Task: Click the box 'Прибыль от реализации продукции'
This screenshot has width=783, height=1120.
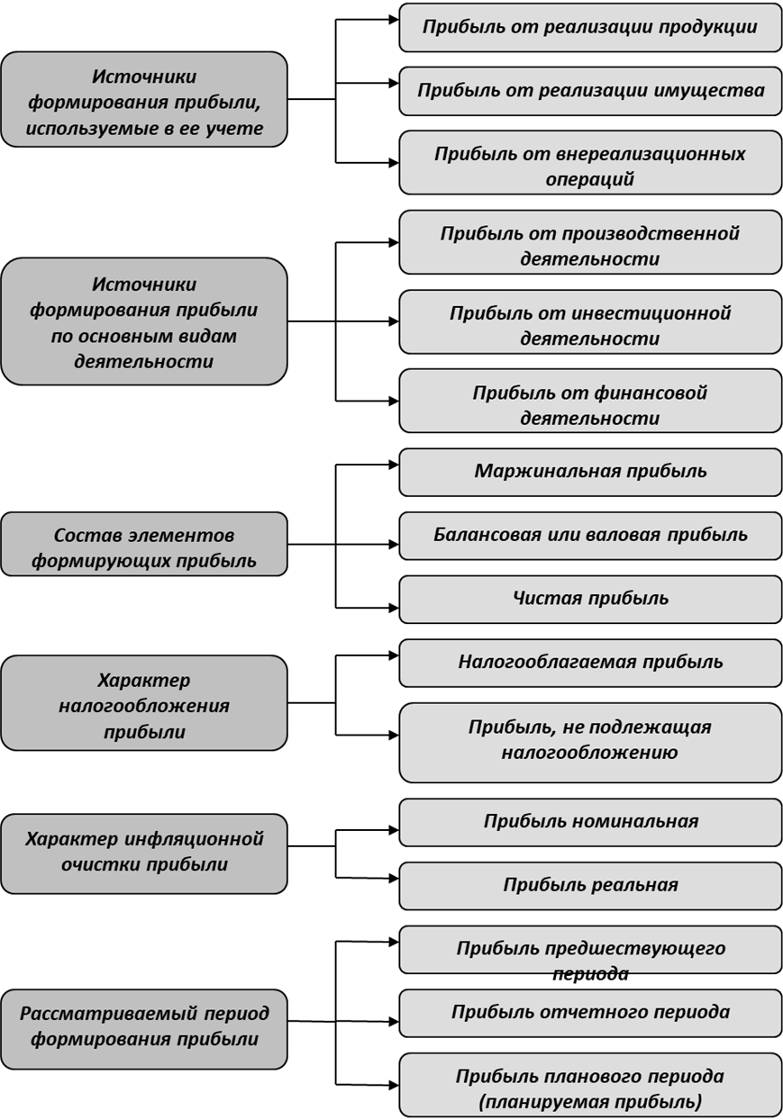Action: point(590,28)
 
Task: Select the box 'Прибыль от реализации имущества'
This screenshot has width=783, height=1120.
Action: point(590,91)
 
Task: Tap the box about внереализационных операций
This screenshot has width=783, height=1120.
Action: point(590,162)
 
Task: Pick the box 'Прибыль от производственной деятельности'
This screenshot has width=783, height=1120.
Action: point(590,242)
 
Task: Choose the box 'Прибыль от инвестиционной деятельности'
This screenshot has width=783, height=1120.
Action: point(590,321)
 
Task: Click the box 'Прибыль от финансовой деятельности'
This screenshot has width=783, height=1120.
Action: point(590,401)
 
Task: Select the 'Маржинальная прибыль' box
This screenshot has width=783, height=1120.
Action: point(590,472)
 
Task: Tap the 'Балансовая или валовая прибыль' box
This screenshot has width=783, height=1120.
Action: point(590,536)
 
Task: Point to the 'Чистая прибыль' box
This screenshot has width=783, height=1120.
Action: point(590,599)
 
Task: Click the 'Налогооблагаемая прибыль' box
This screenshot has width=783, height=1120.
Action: point(590,663)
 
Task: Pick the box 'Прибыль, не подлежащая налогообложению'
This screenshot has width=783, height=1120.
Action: point(590,743)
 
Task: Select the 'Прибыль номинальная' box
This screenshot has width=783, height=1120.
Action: point(590,822)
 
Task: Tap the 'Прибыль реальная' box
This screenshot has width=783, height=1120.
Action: point(590,886)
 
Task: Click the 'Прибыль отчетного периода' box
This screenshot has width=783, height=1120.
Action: point(590,1013)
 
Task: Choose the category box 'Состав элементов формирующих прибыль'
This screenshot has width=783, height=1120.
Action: point(144,544)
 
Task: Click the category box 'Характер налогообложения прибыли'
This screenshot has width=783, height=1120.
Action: point(144,702)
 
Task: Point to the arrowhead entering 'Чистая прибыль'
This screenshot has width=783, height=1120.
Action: point(394,608)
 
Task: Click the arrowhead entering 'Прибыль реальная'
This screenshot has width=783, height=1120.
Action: point(394,878)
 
